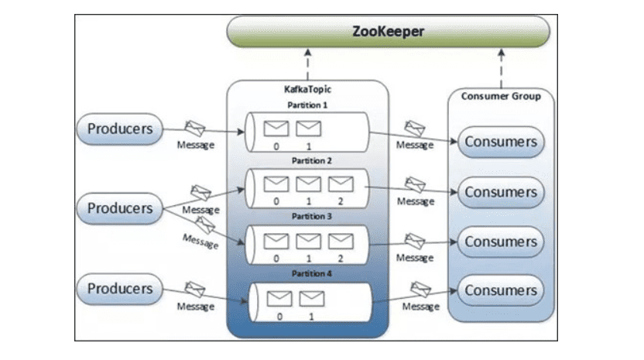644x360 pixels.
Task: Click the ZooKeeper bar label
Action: (x=387, y=32)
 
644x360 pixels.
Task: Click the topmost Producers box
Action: (x=119, y=128)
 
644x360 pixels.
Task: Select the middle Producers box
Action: (x=119, y=208)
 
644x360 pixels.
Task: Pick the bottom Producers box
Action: (x=119, y=289)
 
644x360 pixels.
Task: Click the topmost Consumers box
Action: (x=501, y=142)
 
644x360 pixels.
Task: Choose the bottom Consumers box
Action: (x=501, y=291)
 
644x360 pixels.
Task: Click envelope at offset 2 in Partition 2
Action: (x=341, y=183)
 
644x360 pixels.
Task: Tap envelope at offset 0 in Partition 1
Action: (x=276, y=127)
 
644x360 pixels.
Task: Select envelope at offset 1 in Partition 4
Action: (x=312, y=297)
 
